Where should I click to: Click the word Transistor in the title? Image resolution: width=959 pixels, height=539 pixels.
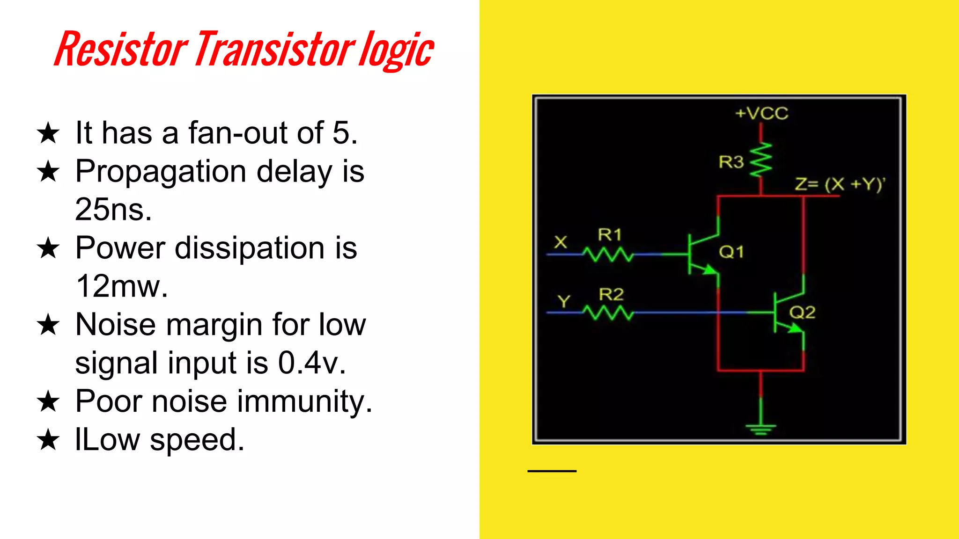[275, 49]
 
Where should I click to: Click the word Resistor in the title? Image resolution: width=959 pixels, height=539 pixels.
[121, 49]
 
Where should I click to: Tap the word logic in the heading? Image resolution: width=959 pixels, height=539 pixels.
[396, 51]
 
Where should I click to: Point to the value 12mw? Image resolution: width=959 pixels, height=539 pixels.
[121, 286]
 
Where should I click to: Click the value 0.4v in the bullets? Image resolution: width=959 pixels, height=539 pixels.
[311, 363]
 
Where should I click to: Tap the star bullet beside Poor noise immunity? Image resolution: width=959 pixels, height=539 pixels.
[48, 401]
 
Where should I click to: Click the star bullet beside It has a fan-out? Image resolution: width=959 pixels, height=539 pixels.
[48, 133]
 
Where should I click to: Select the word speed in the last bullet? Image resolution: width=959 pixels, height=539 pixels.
[197, 440]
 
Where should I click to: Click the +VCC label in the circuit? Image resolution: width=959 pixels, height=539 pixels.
[762, 113]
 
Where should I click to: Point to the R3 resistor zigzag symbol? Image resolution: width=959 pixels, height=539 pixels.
[761, 160]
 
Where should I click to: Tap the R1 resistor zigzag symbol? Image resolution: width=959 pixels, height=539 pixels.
[608, 255]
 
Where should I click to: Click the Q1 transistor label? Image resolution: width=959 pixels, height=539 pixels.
[731, 252]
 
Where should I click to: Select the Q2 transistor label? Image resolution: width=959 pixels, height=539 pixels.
[802, 312]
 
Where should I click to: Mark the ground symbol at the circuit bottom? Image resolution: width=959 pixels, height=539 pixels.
[761, 428]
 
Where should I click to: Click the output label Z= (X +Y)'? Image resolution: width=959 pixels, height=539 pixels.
[840, 184]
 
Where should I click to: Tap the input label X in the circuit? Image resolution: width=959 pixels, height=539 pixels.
[561, 242]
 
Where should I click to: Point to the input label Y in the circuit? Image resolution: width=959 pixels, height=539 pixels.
[564, 301]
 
